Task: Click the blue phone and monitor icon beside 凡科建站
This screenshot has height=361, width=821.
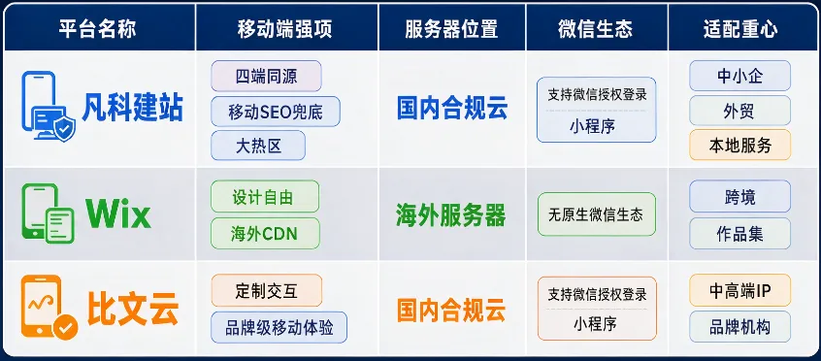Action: [48, 106]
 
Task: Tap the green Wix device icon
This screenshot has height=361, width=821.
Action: [48, 213]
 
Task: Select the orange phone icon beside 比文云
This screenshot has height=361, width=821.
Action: [49, 307]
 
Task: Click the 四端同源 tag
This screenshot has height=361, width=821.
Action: [266, 76]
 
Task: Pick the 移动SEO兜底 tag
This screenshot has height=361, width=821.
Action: [276, 112]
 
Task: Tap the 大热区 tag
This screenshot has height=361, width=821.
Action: [258, 146]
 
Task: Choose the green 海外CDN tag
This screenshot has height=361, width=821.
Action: [265, 233]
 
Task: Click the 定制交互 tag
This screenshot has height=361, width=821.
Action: [267, 290]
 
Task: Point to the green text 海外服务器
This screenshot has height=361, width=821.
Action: [451, 214]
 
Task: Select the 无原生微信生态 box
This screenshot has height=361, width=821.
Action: [597, 214]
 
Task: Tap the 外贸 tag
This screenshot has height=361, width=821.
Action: [739, 111]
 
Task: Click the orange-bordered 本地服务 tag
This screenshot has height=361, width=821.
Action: [739, 146]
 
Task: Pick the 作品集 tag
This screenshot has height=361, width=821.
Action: [739, 233]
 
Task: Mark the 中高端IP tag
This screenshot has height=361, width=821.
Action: [739, 291]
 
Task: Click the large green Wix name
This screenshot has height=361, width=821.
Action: [118, 213]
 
